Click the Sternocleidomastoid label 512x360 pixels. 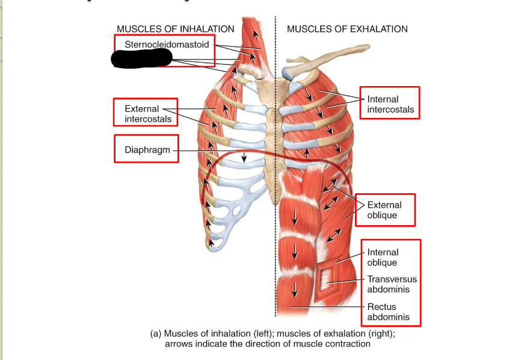pos(167,44)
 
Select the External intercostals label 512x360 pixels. pos(147,114)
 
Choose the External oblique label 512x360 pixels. pos(382,210)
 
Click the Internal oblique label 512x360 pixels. pos(383,258)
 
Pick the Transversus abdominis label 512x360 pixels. pos(392,284)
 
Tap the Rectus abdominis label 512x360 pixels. pos(388,312)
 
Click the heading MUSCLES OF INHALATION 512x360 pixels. pos(175,29)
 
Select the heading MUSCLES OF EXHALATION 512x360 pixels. pos(347,29)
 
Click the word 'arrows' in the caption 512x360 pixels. pos(179,344)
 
